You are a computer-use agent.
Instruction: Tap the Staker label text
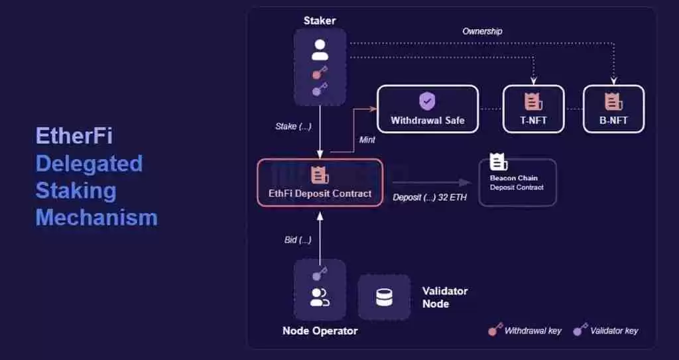click(x=320, y=21)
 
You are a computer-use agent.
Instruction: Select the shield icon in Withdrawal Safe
click(x=428, y=101)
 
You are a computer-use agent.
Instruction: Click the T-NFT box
click(x=533, y=109)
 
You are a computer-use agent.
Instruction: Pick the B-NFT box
click(x=613, y=109)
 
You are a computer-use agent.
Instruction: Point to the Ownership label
click(x=482, y=31)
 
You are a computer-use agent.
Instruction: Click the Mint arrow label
click(x=367, y=140)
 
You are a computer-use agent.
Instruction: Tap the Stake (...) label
click(x=293, y=126)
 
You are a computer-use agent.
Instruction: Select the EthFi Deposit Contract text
click(x=320, y=194)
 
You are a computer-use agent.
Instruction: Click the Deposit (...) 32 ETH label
click(x=430, y=198)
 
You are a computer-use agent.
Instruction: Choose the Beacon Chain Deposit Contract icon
click(x=498, y=162)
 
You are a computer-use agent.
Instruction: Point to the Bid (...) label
click(x=298, y=239)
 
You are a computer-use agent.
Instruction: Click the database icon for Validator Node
click(x=384, y=298)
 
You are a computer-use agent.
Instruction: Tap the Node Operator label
click(x=320, y=331)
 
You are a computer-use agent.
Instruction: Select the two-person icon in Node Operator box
click(x=320, y=298)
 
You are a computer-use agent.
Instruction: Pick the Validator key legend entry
click(x=606, y=330)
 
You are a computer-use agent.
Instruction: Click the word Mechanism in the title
click(x=96, y=217)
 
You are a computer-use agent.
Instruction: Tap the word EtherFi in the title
click(x=74, y=136)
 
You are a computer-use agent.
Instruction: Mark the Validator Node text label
click(x=445, y=297)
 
